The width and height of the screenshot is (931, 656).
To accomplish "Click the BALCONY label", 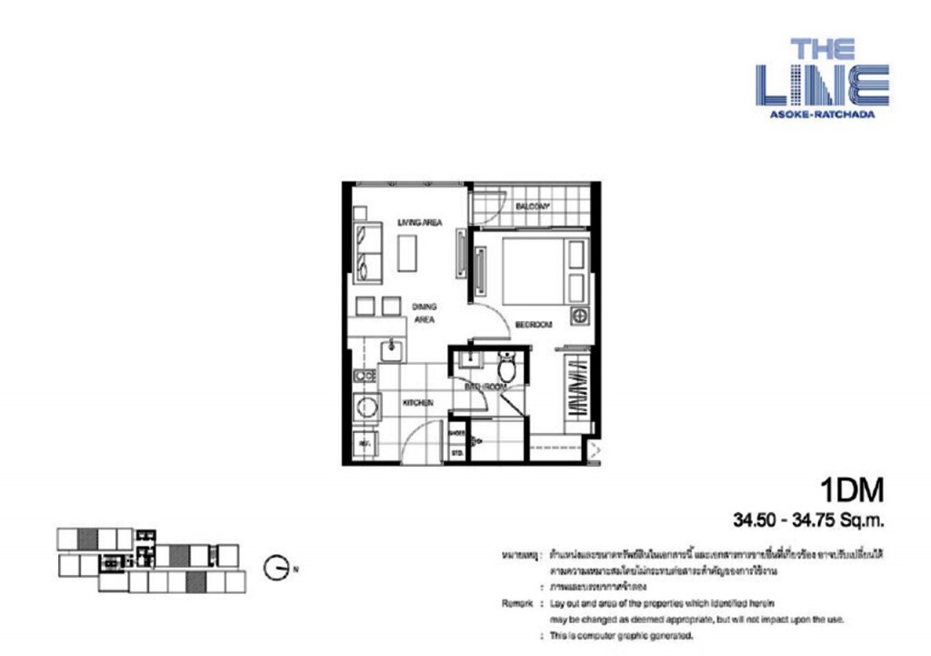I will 533,207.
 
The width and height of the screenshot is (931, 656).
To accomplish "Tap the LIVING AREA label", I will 420,221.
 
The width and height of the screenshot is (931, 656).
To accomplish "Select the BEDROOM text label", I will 533,324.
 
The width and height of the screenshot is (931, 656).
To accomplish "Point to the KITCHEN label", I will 418,402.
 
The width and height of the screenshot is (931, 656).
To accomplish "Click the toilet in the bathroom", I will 506,368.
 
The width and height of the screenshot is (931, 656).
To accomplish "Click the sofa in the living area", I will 366,252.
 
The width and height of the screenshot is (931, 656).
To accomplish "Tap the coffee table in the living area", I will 409,253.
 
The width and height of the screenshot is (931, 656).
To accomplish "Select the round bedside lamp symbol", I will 577,316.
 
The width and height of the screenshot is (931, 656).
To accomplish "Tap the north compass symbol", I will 276,569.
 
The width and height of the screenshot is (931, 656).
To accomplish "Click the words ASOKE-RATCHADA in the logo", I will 822,115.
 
